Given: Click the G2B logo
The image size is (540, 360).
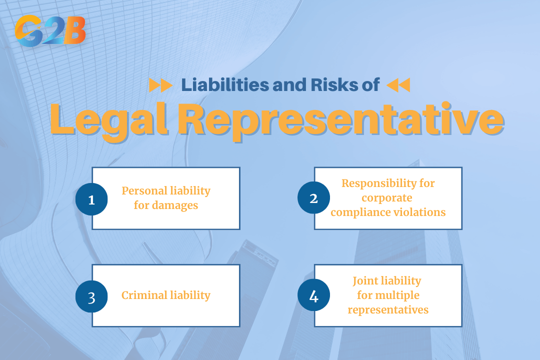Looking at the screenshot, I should (x=50, y=31).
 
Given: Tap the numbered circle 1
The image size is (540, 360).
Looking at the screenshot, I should (x=91, y=199).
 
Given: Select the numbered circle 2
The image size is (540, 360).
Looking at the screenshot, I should (x=313, y=198).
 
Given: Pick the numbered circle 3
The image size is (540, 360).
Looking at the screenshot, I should (x=91, y=296).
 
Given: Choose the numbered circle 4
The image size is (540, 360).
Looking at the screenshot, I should (x=313, y=296).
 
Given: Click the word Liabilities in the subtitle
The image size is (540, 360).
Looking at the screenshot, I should (x=225, y=85).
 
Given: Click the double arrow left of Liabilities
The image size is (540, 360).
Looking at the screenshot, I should (x=161, y=85).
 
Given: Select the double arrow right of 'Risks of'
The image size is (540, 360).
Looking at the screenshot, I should (x=398, y=85).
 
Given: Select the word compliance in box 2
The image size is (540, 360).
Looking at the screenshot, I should (x=358, y=212).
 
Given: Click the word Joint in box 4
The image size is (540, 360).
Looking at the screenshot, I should (x=366, y=280).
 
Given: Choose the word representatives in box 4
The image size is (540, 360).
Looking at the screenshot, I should (x=388, y=309).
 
